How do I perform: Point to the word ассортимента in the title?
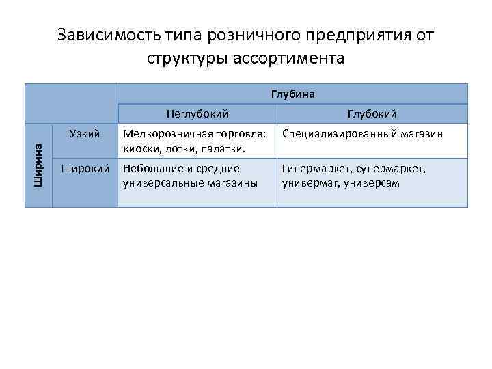pos(295,59)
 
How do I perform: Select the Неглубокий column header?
pos(197,114)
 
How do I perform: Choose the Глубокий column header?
pos(372,114)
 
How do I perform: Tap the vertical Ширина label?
pos(38,165)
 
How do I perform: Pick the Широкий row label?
pos(85,168)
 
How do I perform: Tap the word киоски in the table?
pos(139,148)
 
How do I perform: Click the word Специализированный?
pos(340,135)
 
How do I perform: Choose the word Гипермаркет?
pos(315,169)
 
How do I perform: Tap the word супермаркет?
pos(391,169)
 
